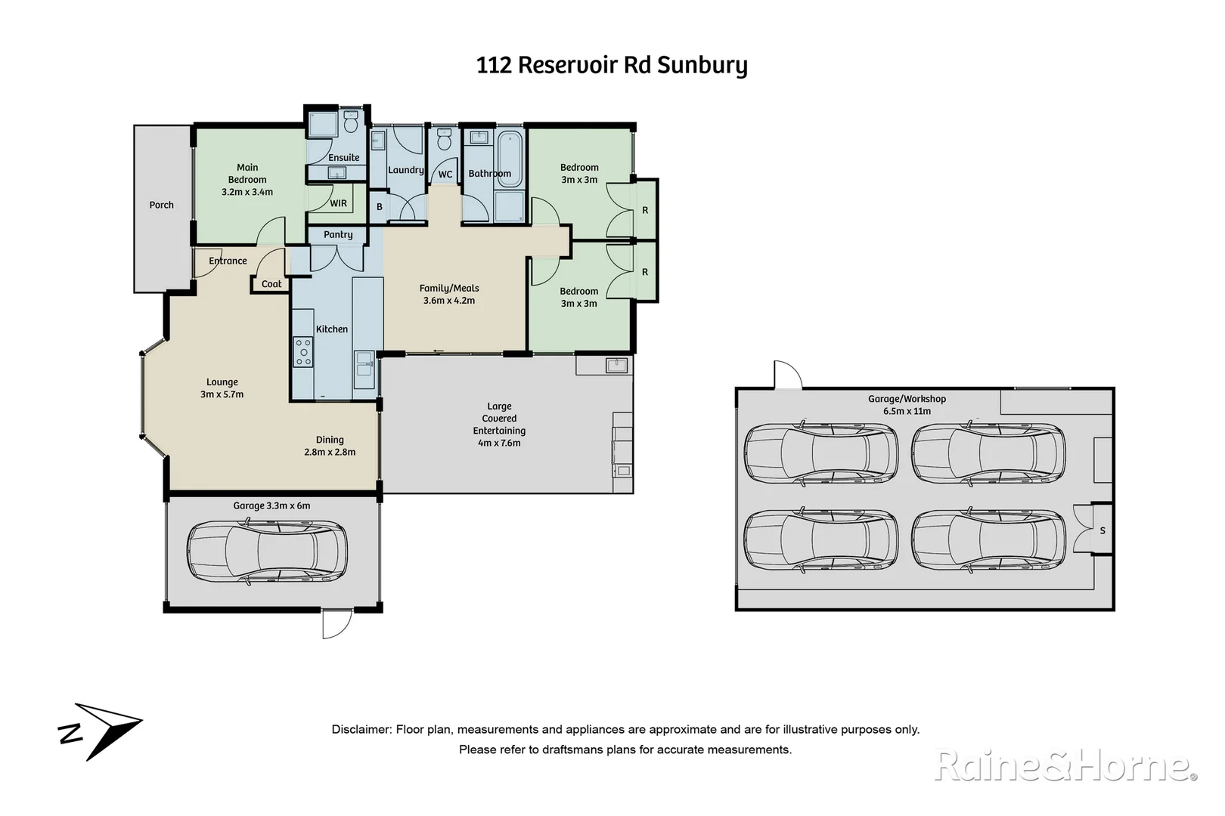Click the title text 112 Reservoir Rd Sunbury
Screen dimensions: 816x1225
pos(612,65)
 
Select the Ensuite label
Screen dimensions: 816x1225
pos(344,157)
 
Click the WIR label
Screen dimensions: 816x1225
pos(339,203)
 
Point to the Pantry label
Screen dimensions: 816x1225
pos(338,234)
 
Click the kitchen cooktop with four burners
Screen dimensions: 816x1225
pos(303,352)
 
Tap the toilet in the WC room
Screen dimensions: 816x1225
pos(445,141)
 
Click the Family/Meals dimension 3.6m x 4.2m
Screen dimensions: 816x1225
pos(449,301)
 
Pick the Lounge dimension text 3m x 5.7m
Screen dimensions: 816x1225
pos(222,394)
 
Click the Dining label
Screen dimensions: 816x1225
pos(330,440)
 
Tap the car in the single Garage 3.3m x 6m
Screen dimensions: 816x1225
pos(267,552)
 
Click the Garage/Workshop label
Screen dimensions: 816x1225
pos(907,399)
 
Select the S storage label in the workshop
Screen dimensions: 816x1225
pos(1102,530)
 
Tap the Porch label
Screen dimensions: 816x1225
pos(161,205)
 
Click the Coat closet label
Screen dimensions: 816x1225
pos(271,284)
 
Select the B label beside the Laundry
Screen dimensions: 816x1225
pos(380,207)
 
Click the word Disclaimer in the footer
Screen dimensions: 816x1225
pos(361,730)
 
